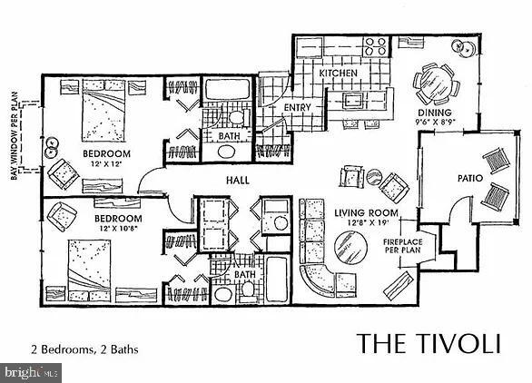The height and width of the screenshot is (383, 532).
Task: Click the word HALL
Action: [x=239, y=180]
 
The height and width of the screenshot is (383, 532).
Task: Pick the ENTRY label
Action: [x=297, y=108]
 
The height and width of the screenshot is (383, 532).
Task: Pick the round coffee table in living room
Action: [x=349, y=245]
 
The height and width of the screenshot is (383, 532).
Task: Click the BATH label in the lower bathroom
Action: [x=244, y=273]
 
